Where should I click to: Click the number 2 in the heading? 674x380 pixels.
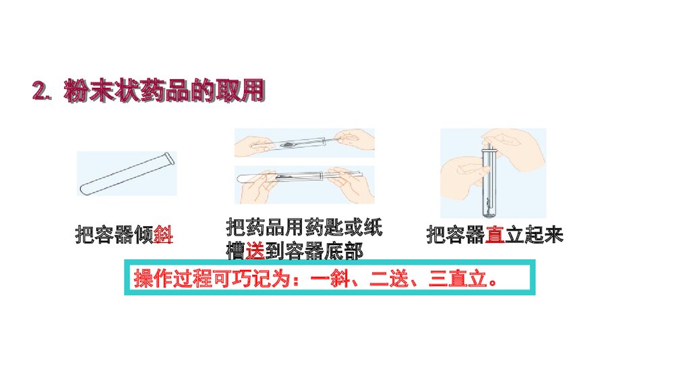40,91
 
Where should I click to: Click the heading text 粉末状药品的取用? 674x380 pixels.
164,91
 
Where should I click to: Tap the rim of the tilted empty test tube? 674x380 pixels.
169,159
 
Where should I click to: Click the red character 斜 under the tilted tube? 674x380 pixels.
163,235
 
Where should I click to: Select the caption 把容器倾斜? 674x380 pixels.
124,235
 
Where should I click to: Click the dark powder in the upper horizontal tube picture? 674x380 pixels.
288,144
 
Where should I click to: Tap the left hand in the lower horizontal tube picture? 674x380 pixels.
258,186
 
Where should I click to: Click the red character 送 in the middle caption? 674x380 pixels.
255,251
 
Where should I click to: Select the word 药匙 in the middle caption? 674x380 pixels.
314,227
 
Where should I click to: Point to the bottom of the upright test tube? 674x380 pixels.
489,213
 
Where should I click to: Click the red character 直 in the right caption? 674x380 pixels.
495,235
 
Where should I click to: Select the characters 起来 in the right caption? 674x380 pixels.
544,235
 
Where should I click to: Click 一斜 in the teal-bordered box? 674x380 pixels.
330,279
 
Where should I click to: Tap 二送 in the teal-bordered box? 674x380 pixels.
389,279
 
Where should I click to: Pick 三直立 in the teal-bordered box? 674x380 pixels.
458,279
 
